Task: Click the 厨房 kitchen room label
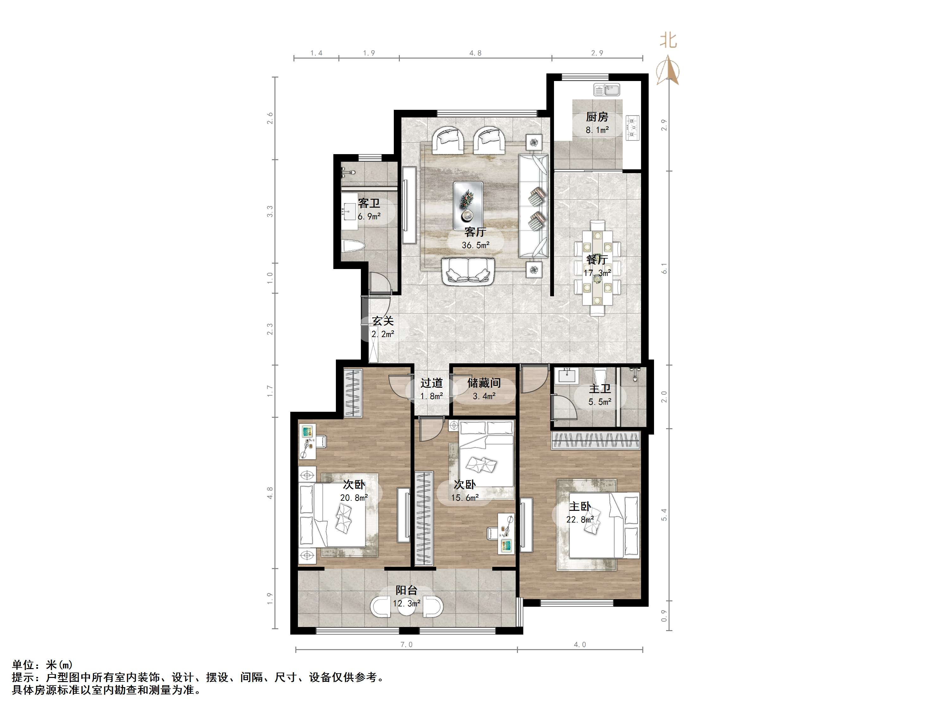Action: [x=597, y=116]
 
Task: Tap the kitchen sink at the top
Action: [x=607, y=90]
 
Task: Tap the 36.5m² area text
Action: [x=475, y=245]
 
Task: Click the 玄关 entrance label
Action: [x=383, y=321]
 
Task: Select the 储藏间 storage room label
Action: [x=484, y=383]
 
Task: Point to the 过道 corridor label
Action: [x=431, y=383]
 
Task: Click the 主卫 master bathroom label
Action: [x=600, y=389]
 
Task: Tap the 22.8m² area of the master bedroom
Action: [x=580, y=519]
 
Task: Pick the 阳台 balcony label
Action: [x=406, y=590]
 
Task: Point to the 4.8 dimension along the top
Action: [x=475, y=53]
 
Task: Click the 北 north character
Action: [x=668, y=41]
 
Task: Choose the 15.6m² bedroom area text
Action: [x=465, y=498]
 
